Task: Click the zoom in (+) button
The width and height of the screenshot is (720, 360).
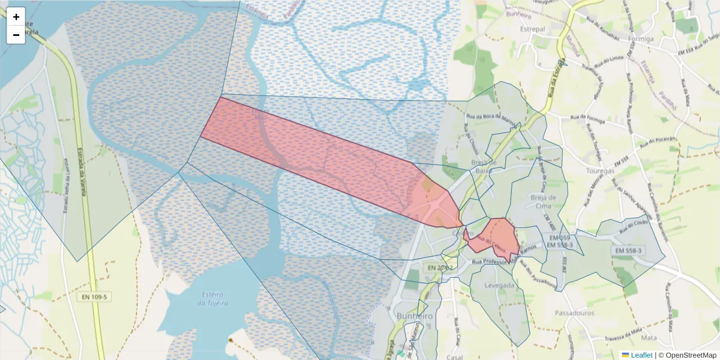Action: coord(16,17)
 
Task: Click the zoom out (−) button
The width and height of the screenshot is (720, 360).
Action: coord(16,35)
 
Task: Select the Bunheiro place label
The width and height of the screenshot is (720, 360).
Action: coord(415,316)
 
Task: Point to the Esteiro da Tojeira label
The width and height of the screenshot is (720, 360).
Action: coord(212,299)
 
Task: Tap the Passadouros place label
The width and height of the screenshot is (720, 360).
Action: coord(574,313)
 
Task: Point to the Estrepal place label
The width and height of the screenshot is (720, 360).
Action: coord(533,29)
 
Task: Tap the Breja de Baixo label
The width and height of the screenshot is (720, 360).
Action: coord(484,166)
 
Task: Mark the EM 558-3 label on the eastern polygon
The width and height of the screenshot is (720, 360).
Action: coord(628,250)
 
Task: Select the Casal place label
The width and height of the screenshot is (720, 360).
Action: coord(455,356)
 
